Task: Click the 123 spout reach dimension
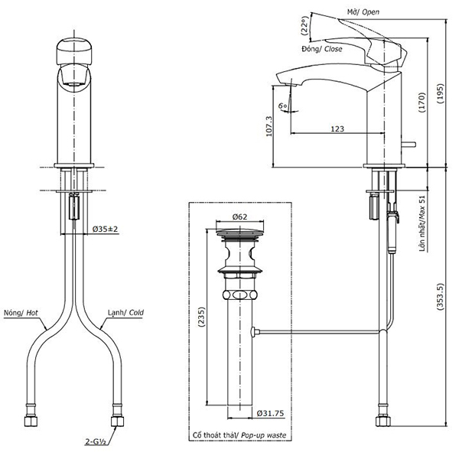337,129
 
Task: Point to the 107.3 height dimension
268,125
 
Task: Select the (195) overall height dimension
441,94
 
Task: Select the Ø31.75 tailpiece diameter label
269,414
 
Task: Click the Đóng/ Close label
322,48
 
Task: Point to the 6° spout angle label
282,105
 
